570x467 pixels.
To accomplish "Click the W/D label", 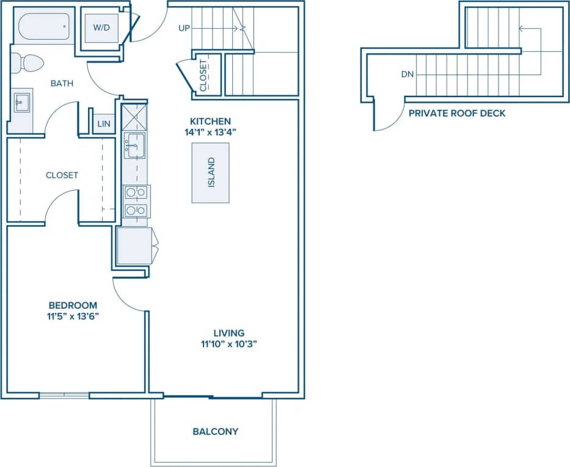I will click(101, 28).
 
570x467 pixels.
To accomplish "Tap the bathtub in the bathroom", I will click(43, 27).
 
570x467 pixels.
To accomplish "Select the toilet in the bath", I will click(27, 62).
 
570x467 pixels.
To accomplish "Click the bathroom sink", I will click(23, 102).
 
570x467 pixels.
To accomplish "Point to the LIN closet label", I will click(104, 124).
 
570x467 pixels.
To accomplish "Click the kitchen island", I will click(211, 172).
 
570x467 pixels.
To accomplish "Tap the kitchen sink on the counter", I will click(134, 145).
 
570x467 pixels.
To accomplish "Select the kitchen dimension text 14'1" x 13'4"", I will click(210, 131).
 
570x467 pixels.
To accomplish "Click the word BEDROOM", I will click(73, 305).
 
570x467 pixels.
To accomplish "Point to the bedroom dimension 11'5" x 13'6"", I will click(73, 316).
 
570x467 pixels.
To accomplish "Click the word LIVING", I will click(229, 333).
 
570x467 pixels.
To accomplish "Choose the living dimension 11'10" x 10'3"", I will click(229, 344).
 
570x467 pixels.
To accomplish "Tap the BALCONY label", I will click(215, 432).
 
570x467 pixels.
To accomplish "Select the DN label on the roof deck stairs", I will click(407, 75).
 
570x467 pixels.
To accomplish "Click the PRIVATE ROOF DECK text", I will click(456, 114).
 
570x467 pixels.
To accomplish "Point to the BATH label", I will click(62, 83).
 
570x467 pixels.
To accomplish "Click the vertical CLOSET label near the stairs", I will click(203, 75).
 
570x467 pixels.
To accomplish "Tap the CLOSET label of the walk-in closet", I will click(62, 175).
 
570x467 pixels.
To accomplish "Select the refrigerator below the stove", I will click(134, 246).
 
